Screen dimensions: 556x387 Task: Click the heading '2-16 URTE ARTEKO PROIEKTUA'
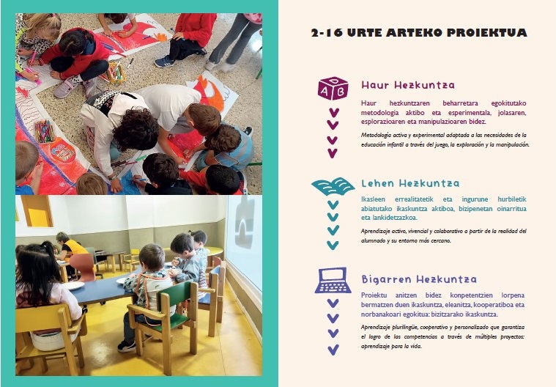tap(419, 33)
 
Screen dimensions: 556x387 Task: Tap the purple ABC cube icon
tap(333, 89)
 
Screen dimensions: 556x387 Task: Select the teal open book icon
tap(333, 187)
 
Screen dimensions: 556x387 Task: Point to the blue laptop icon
tap(333, 280)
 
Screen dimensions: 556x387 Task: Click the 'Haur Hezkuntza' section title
tap(408, 85)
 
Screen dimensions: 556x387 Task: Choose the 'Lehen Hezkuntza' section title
tap(410, 183)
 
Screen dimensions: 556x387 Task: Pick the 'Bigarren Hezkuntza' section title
tap(419, 279)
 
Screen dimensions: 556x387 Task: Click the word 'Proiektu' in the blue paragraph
tap(374, 295)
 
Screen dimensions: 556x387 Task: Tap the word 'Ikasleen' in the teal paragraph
tap(373, 199)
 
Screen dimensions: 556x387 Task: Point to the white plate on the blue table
tap(73, 286)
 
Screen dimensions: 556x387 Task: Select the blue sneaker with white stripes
tap(164, 62)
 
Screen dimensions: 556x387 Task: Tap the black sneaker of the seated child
tap(127, 345)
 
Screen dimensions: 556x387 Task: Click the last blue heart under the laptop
tap(333, 350)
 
